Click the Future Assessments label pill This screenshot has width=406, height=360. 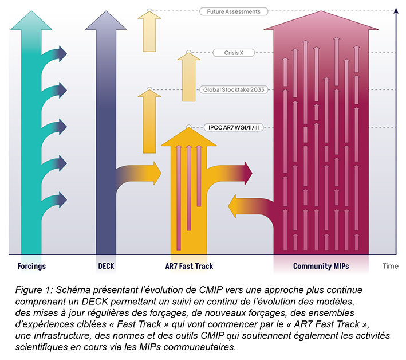point(234,11)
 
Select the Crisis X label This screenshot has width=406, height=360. point(234,53)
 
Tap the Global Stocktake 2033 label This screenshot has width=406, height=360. point(234,89)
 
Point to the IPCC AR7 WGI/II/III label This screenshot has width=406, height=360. point(234,127)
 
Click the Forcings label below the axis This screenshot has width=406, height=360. point(31,266)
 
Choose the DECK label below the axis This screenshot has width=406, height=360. point(106,266)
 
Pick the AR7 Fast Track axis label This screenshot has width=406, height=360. point(189,266)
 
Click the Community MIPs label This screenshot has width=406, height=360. point(321,266)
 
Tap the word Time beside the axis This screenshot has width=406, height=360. point(391,266)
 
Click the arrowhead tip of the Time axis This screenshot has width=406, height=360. point(396,9)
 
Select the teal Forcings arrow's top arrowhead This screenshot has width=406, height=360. point(31,20)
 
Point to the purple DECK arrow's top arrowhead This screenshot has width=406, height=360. point(106,20)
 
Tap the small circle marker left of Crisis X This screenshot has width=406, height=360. point(189,53)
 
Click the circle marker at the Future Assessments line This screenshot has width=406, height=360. point(149,11)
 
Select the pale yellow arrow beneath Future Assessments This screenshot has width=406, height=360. point(149,32)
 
